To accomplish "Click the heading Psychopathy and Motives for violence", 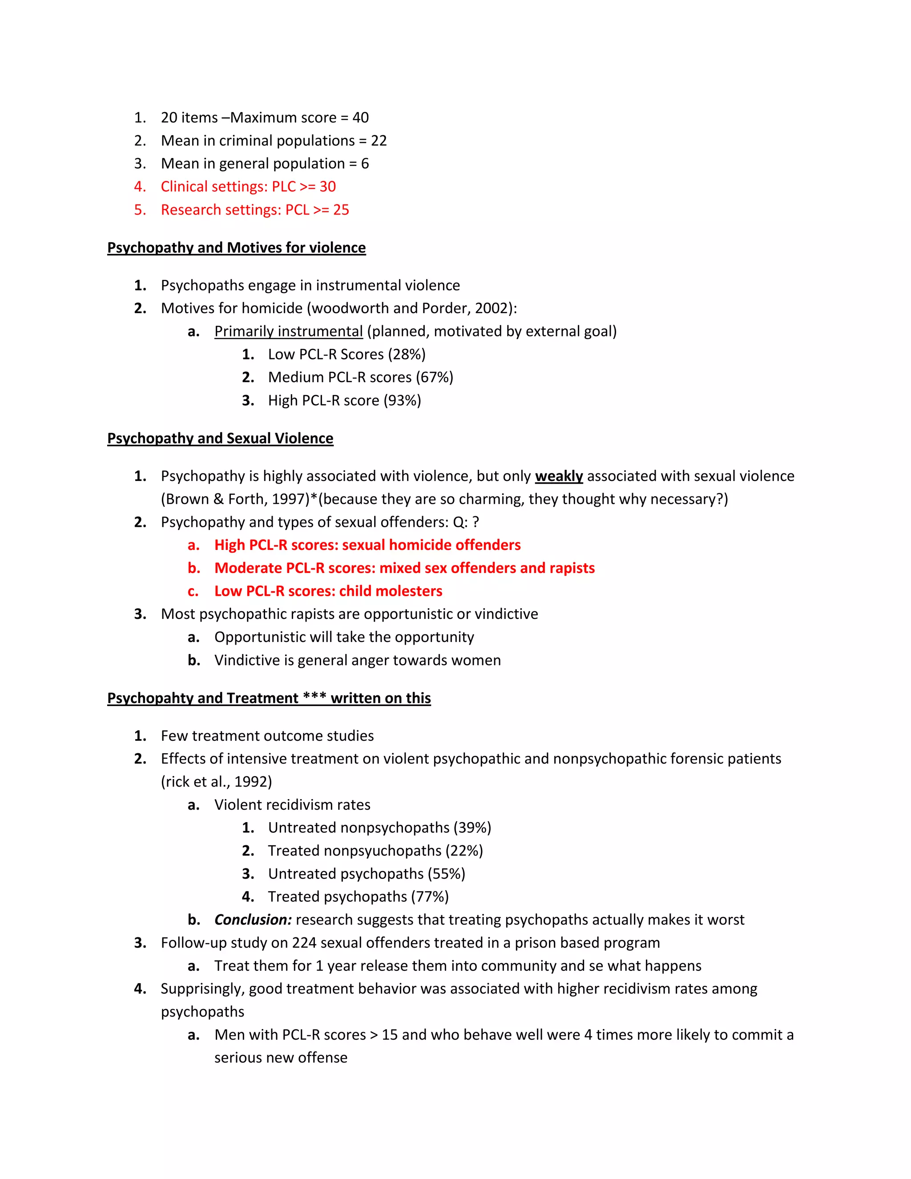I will coord(236,248).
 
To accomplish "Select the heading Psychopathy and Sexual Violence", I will coord(220,438).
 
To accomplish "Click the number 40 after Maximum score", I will coord(360,118).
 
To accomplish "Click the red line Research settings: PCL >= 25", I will coord(255,210).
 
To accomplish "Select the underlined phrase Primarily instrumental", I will coord(288,331).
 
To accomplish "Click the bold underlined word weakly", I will coord(559,476).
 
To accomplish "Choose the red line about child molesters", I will coord(328,591).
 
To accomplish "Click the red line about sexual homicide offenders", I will coord(367,545).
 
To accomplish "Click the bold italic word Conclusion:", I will coord(253,920).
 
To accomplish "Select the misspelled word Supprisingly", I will coord(202,989).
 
